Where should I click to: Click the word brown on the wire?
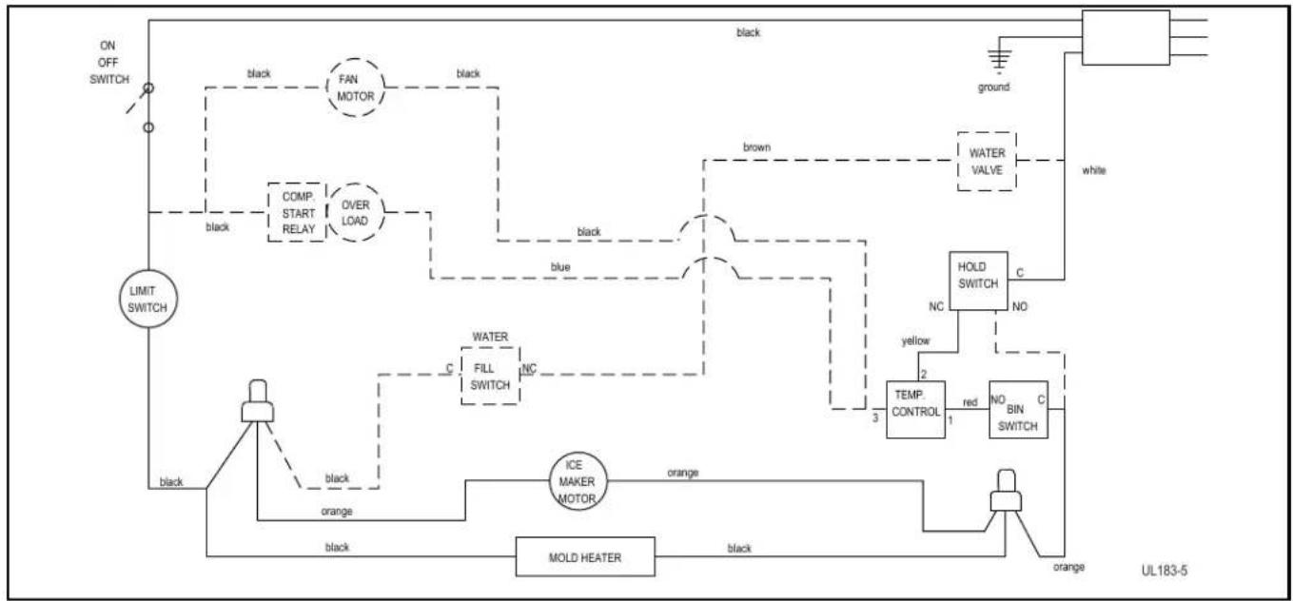click(756, 147)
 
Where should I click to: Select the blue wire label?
click(559, 267)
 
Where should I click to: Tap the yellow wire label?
click(915, 340)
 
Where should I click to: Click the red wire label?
click(970, 402)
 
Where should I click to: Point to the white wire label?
click(1094, 170)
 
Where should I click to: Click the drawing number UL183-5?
click(1165, 571)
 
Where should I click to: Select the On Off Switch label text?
click(108, 63)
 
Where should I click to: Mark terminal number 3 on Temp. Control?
click(875, 417)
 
